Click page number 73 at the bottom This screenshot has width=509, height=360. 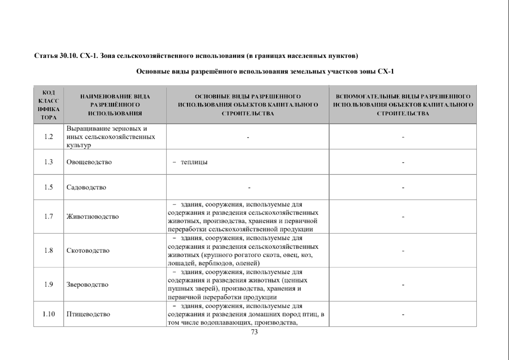(x=254, y=332)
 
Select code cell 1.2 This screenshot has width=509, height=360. (x=49, y=137)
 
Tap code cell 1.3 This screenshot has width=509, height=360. (x=49, y=162)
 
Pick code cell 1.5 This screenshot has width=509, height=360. (x=49, y=187)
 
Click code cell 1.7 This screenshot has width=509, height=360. (x=49, y=217)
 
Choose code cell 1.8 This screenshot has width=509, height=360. (x=49, y=250)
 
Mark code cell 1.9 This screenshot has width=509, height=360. (x=49, y=284)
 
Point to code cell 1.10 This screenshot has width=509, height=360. (x=49, y=314)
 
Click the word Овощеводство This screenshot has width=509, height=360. (x=89, y=162)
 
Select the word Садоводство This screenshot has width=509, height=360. (x=86, y=187)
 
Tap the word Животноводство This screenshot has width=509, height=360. (x=93, y=217)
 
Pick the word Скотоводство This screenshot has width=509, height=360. (x=88, y=250)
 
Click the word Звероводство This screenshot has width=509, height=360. (x=88, y=284)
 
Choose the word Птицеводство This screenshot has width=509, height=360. (x=88, y=314)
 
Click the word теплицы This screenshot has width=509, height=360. (x=194, y=162)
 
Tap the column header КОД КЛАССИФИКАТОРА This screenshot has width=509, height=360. (x=49, y=105)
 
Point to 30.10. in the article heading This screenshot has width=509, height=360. (x=69, y=56)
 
